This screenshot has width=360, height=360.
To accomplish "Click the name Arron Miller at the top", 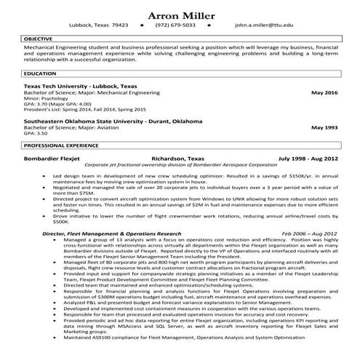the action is click(x=180, y=15).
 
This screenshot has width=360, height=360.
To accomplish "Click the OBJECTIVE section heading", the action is click(x=39, y=37).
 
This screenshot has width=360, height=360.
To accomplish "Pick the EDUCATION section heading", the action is click(x=39, y=73).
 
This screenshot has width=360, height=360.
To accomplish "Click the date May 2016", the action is click(x=324, y=93).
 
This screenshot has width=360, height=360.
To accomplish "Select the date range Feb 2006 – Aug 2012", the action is click(x=309, y=233).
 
